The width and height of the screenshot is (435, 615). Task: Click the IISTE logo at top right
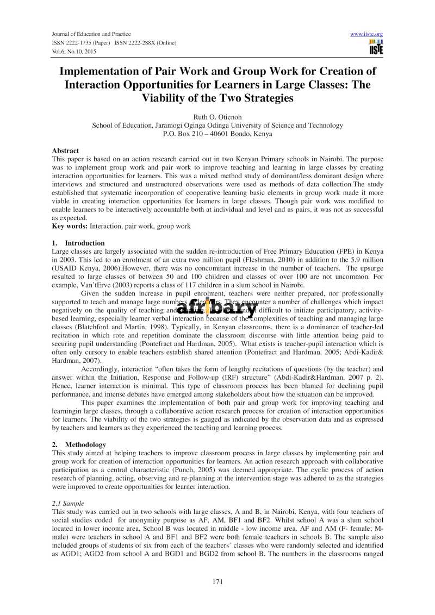375,47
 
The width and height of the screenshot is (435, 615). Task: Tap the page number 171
217,582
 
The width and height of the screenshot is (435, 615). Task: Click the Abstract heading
65,150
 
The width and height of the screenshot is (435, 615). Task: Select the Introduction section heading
84,243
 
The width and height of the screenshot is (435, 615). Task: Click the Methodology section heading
83,444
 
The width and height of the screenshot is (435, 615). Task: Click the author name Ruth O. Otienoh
217,116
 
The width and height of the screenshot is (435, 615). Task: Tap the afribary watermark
217,307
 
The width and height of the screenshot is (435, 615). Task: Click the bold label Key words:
70,226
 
